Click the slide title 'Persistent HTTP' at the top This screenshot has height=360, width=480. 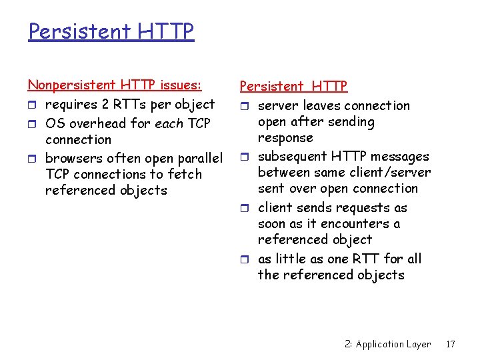[111, 31]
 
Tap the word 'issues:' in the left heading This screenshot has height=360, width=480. [180, 85]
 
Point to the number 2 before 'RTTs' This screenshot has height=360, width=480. [105, 105]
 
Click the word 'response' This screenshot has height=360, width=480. [285, 139]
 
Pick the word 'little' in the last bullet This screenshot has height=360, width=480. [295, 259]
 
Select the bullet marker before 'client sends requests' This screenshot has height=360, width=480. [245, 208]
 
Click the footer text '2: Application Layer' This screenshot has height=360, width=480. [387, 345]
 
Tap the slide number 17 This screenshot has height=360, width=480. [450, 345]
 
